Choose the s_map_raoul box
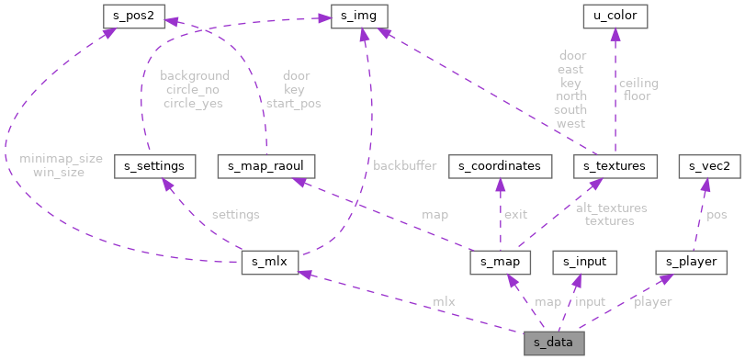266,166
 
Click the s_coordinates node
500,166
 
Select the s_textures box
615,166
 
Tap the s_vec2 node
703,166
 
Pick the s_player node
685,262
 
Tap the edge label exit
515,214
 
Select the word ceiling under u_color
638,83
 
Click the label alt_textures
611,208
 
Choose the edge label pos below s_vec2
717,214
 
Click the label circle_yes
194,103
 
